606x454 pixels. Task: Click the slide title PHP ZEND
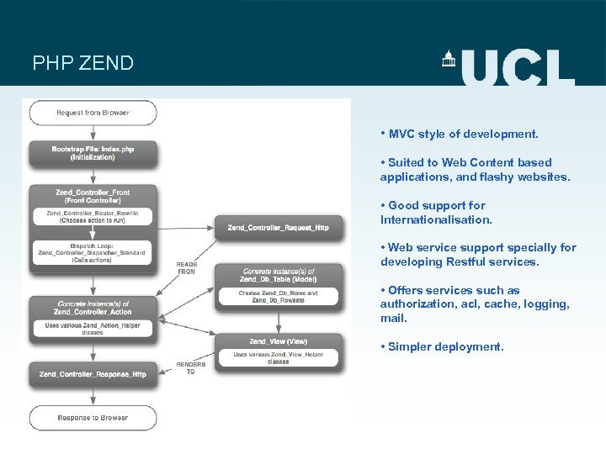pos(82,64)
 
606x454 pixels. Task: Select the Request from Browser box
pos(93,112)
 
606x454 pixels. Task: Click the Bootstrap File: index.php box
pos(93,153)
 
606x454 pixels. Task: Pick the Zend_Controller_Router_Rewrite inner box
pos(93,217)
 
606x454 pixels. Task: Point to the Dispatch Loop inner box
pos(93,252)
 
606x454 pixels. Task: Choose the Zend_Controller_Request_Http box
pos(278,227)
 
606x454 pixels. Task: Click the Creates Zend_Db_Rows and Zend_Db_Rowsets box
pos(279,296)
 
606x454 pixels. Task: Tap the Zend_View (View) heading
pos(279,341)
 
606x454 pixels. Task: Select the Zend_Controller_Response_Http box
pos(93,374)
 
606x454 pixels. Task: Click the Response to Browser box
pos(93,417)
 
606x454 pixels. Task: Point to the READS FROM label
pos(187,267)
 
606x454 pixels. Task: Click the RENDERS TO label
pos(190,367)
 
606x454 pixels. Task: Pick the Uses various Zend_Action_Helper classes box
pos(93,328)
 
